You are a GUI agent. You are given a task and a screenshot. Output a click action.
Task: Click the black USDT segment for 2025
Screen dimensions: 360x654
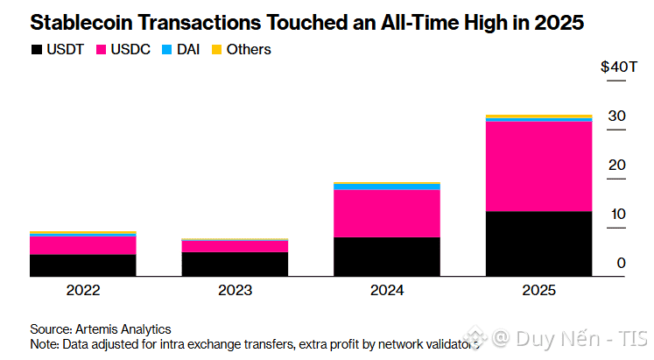coord(538,244)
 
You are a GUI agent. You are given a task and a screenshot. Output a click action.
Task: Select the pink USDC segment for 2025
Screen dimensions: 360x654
coord(538,166)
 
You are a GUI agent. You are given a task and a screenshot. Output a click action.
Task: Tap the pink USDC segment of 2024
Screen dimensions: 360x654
coord(387,213)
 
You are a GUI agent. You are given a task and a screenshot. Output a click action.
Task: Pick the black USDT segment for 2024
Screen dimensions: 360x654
coord(387,257)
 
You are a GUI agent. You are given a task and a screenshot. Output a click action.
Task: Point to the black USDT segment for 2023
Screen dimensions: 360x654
coord(235,264)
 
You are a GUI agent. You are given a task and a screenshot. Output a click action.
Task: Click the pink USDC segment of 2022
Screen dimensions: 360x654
coord(83,244)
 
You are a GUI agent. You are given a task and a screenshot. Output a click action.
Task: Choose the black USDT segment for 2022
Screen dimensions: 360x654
coord(83,265)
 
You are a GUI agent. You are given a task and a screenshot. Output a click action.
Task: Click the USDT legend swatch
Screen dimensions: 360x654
coord(36,50)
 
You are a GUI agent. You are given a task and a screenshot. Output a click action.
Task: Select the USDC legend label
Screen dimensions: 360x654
coord(130,50)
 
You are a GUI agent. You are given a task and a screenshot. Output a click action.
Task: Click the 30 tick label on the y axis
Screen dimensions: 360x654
coord(616,116)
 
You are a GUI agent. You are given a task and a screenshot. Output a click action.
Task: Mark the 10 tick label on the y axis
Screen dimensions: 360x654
coord(618,215)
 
